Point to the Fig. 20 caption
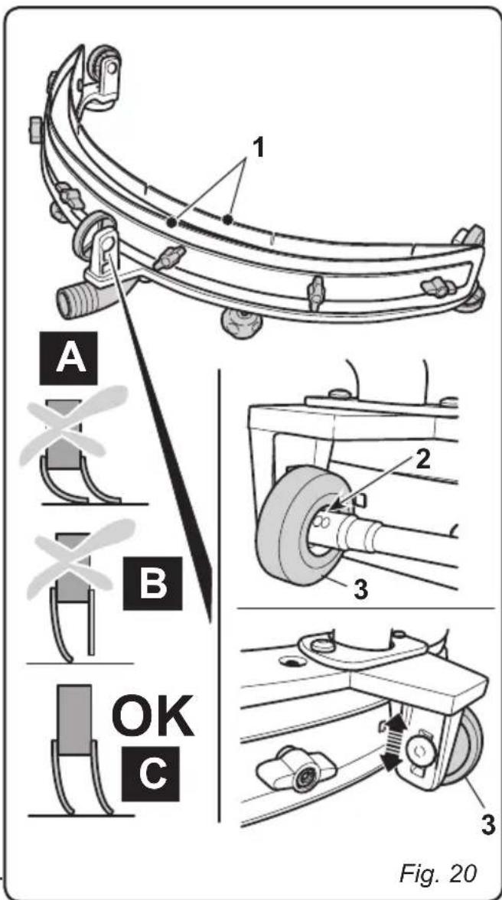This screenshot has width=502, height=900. [x=438, y=872]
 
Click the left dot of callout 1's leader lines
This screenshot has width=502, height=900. [x=171, y=223]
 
